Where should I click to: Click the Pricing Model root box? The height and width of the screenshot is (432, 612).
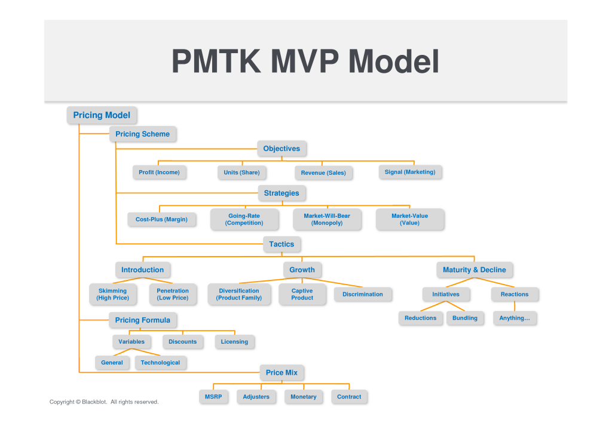point(101,115)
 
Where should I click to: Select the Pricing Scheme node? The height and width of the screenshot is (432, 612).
point(142,134)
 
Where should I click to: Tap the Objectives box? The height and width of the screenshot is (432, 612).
point(281,149)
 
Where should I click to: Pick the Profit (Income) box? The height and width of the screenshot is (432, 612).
point(159,172)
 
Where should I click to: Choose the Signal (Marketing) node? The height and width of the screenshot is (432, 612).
point(410,172)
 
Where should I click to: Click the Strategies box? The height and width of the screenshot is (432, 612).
point(281,193)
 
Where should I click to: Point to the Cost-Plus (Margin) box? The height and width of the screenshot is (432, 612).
point(161,220)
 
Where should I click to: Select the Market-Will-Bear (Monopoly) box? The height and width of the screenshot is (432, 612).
point(327,220)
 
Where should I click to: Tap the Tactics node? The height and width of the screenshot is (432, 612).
point(281,244)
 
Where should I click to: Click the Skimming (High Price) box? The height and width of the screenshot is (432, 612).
point(112,294)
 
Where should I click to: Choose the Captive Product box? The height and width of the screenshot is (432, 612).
point(302,294)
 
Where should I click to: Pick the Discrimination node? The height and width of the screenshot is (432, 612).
point(363,294)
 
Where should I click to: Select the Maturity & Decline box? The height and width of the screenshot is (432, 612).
point(474,270)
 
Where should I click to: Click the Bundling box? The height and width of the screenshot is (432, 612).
point(464,318)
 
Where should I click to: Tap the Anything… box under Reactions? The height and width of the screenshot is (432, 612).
point(515,318)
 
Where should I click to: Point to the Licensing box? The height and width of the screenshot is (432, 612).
point(234,342)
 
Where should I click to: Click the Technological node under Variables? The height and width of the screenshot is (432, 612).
point(160,363)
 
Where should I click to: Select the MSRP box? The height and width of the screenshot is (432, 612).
point(213,397)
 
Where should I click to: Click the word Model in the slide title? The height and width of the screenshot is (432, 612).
point(394,61)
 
